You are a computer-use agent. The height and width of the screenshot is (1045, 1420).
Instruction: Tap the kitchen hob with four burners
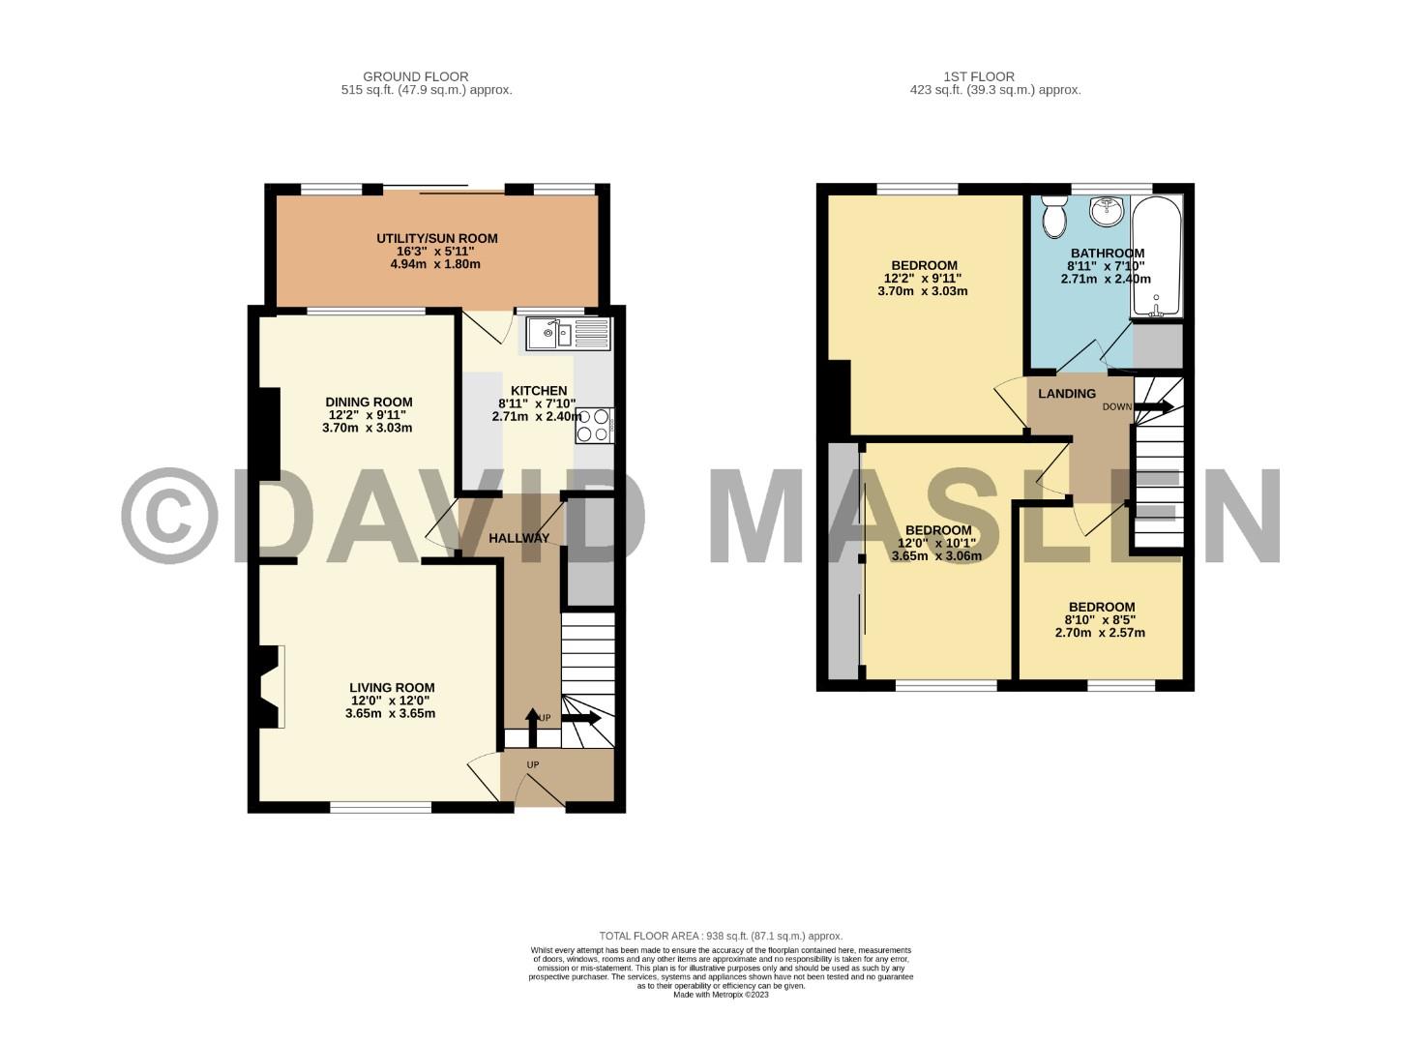click(x=594, y=426)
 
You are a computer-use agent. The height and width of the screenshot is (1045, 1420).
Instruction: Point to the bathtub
click(x=1156, y=256)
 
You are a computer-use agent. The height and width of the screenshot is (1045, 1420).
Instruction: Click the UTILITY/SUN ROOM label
click(x=437, y=238)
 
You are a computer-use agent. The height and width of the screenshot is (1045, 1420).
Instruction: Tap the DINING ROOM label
click(x=369, y=403)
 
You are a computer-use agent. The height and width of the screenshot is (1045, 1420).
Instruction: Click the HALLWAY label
click(x=518, y=538)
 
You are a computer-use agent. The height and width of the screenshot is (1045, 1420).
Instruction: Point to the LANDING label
click(x=1067, y=394)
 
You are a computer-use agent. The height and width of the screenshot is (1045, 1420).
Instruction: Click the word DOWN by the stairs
click(x=1116, y=407)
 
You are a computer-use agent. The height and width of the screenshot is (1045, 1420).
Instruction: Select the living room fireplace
click(x=271, y=686)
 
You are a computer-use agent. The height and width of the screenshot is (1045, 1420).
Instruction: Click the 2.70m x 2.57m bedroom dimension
click(x=1100, y=634)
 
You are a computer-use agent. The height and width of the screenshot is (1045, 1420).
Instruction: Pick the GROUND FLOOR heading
click(x=415, y=76)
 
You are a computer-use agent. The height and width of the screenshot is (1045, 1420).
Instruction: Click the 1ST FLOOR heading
click(x=979, y=76)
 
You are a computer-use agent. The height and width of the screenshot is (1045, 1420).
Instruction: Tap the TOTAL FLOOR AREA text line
click(x=721, y=936)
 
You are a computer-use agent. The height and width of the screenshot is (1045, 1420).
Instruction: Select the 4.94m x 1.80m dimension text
click(x=437, y=264)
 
